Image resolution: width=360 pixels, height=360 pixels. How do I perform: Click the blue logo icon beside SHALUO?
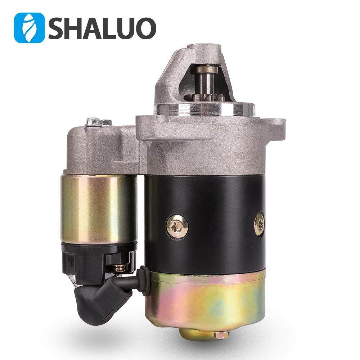[x=29, y=28]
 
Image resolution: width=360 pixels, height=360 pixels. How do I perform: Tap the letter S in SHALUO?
[x=58, y=28]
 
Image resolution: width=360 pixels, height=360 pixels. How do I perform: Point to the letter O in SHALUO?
[x=144, y=28]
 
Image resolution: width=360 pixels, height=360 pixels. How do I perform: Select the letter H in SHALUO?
[x=76, y=28]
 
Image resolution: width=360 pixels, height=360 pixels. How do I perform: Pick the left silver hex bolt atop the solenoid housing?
[x=93, y=121]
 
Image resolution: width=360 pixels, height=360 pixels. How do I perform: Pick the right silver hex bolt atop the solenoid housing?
[x=106, y=122]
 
